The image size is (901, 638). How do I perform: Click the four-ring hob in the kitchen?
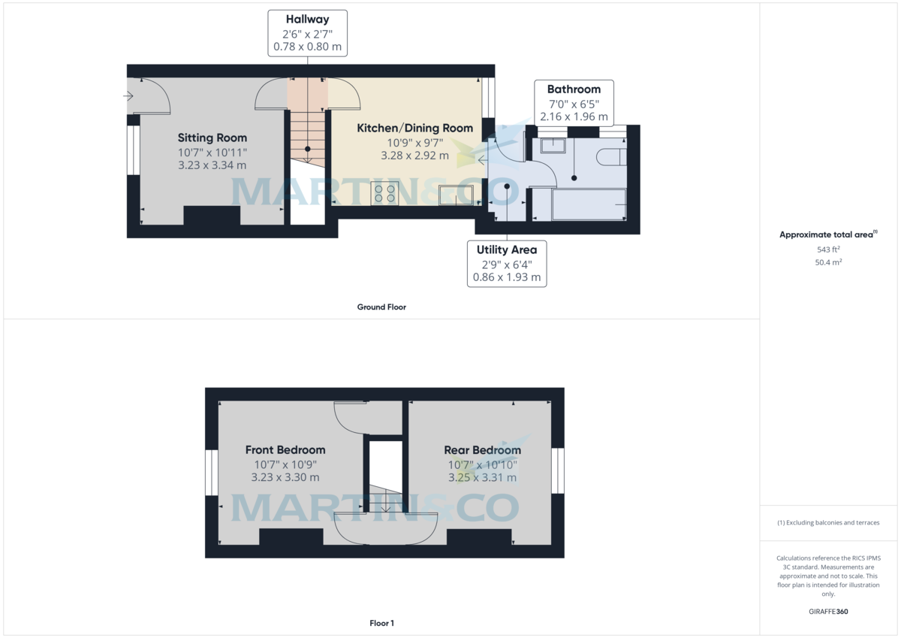[384, 194]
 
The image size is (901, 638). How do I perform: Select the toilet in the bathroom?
[611, 156]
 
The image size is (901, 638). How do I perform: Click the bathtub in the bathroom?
[589, 204]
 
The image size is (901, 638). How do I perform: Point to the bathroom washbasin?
[553, 144]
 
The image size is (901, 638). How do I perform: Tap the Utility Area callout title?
[506, 249]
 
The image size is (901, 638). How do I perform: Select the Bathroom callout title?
[574, 89]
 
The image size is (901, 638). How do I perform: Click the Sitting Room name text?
[212, 138]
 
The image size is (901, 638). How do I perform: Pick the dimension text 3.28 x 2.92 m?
[414, 156]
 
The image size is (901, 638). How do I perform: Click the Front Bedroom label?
[285, 449]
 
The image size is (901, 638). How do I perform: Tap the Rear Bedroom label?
[482, 449]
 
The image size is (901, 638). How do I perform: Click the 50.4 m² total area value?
[828, 262]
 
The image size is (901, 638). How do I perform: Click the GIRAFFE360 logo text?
[828, 612]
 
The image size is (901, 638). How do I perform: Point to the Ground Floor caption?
[381, 307]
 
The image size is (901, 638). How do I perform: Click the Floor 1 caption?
[381, 623]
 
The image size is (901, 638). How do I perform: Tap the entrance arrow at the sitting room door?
[128, 96]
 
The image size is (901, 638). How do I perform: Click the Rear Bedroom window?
[557, 471]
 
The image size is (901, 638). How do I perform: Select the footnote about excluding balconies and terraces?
[828, 522]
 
